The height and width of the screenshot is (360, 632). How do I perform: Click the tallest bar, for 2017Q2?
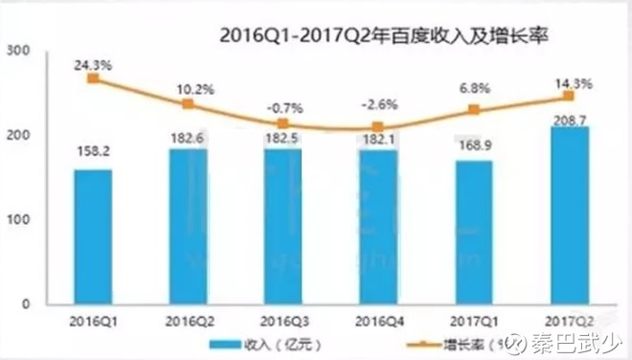pos(570,214)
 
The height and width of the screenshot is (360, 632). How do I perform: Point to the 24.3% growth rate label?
pos(92,64)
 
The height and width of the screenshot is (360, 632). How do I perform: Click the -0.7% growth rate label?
pos(282,108)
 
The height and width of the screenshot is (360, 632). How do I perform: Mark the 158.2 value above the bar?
pos(92,151)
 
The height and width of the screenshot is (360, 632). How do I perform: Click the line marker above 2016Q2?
pos(188,103)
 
